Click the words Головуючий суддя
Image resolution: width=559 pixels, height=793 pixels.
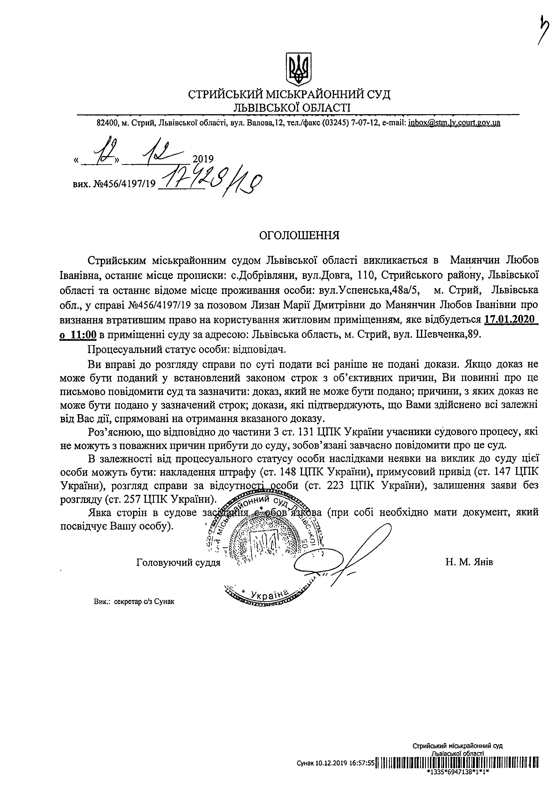coord(178,562)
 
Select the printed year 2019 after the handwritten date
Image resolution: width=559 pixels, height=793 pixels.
coord(203,159)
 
